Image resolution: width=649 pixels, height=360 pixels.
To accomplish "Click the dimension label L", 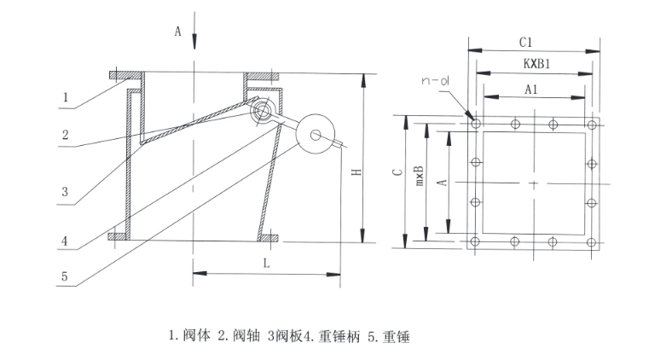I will (x=267, y=264).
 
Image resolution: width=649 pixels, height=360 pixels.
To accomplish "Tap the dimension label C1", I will (x=526, y=41).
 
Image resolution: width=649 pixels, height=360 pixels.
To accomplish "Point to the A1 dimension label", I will (x=531, y=88).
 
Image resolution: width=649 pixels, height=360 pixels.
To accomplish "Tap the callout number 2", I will (x=64, y=136).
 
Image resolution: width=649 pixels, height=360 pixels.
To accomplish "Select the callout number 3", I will (x=64, y=192).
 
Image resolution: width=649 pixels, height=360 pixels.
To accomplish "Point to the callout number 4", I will (x=64, y=241).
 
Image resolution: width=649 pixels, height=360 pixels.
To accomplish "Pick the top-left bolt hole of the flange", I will (x=475, y=125).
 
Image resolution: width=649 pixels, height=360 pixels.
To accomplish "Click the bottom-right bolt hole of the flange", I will (x=592, y=242).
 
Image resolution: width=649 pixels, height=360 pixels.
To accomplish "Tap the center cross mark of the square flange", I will (x=534, y=183).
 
